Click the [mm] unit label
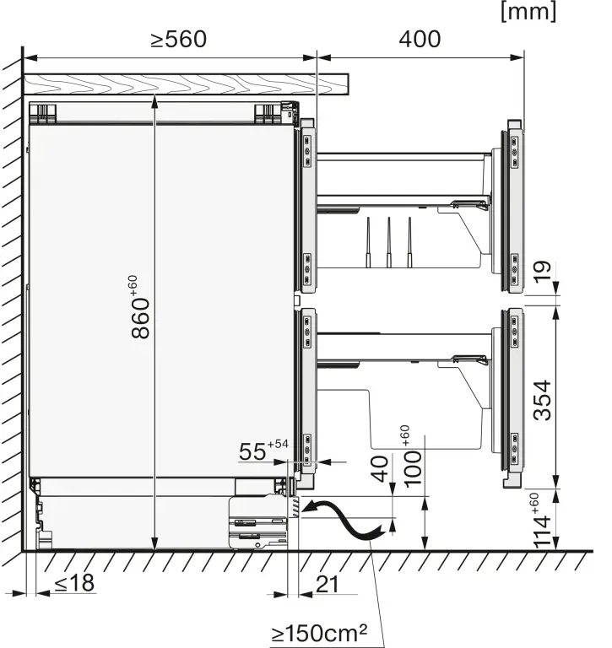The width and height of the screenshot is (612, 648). pos(528,12)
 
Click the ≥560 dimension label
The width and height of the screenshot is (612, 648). pos(179,40)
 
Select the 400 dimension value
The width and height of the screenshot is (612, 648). pos(420,40)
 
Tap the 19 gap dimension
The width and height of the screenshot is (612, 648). pos(542,272)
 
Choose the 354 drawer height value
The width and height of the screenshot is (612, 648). pos(542,401)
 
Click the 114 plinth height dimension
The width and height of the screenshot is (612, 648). pos(542,531)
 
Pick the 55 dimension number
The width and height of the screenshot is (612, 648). pos(252,451)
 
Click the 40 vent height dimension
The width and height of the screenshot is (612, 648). pos(381,468)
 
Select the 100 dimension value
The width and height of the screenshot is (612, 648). pos(412,469)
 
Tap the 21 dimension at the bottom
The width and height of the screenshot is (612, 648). pos(327,585)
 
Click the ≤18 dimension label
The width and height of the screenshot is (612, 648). pos(74,583)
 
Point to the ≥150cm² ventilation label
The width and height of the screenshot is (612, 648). pos(319,633)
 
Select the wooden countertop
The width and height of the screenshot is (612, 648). pos(185,84)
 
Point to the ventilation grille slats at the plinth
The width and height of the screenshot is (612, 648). pos(295,507)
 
